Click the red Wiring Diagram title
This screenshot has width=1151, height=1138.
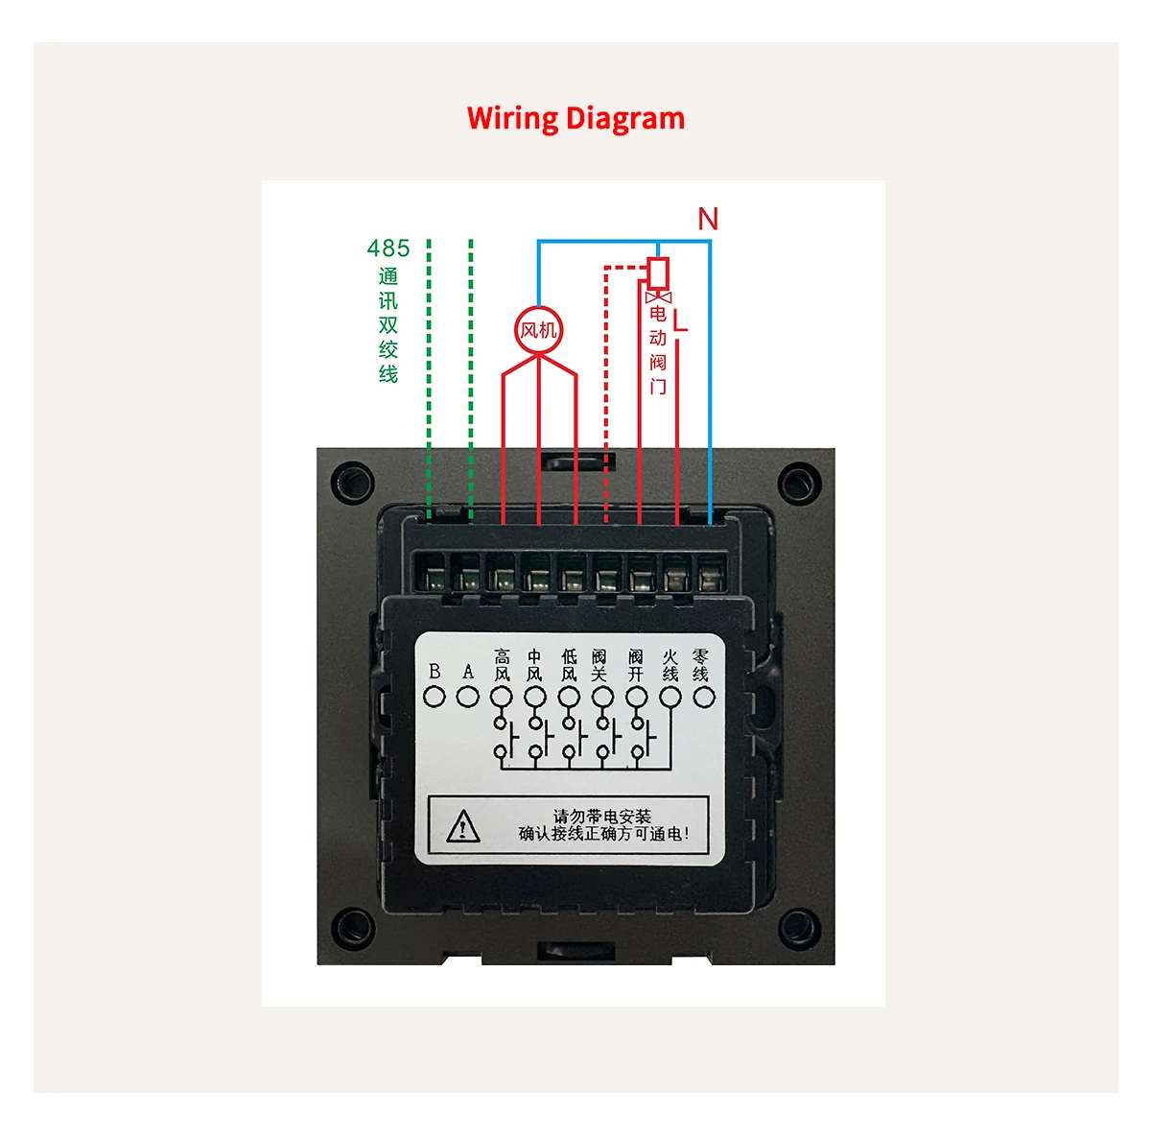click(575, 118)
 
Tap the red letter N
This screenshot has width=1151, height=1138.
click(708, 219)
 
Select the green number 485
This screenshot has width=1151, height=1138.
click(388, 249)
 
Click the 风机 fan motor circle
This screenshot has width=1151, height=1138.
click(538, 330)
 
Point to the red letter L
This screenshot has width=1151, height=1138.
click(680, 320)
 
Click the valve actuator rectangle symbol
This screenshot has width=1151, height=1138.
click(658, 273)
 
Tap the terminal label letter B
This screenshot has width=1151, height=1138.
click(435, 672)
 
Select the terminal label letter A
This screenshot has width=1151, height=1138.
click(468, 672)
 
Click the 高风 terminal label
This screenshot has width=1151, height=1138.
click(502, 665)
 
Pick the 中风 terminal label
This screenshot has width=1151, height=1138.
click(534, 665)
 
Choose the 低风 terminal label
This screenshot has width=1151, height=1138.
click(569, 665)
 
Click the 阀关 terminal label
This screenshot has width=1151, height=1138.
click(599, 665)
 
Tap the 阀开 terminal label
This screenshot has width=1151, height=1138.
click(635, 665)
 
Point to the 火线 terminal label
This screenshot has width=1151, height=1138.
click(669, 665)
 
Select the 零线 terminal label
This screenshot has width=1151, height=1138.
click(701, 664)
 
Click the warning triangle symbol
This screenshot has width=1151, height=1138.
click(463, 825)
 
